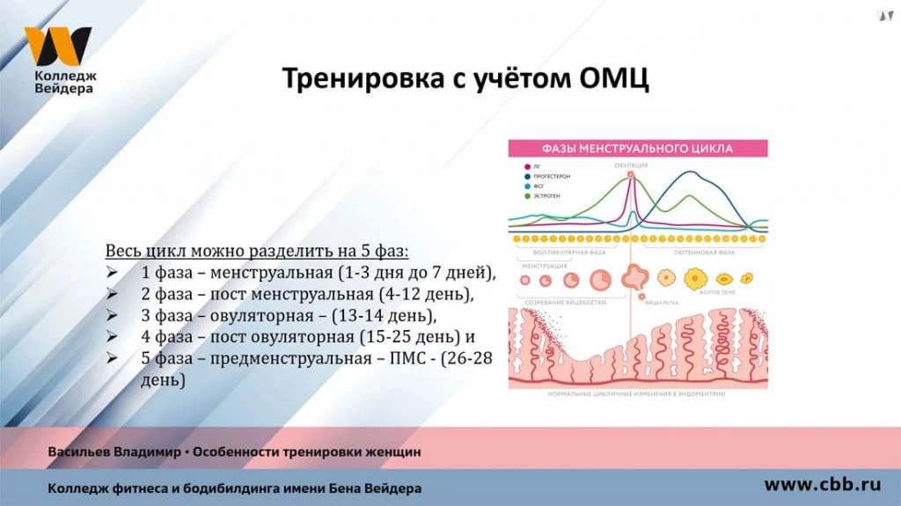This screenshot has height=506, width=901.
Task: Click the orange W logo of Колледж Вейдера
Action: [x=57, y=46]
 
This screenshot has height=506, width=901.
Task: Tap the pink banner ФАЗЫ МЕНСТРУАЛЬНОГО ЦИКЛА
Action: [x=638, y=148]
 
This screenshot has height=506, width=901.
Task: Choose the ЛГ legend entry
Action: [x=537, y=166]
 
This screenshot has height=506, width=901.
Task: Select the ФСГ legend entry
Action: [x=538, y=186]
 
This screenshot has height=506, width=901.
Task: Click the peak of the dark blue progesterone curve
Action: [x=692, y=172]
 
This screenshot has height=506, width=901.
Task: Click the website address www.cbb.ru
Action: [x=822, y=484]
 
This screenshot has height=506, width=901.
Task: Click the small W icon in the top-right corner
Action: [x=884, y=15]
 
